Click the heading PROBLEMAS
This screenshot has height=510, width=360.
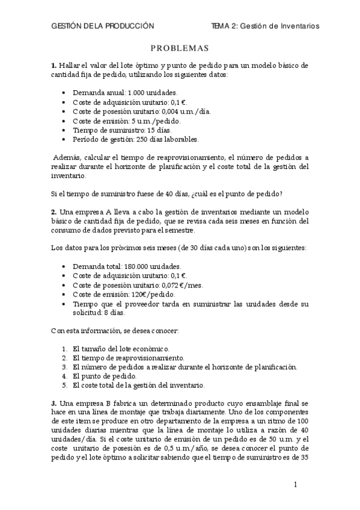(179, 49)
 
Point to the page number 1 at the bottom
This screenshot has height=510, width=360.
(296, 484)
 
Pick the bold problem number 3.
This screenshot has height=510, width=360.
(53, 402)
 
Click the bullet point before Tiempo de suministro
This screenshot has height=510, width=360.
(64, 130)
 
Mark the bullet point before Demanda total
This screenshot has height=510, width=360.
(64, 266)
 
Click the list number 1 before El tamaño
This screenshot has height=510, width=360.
(65, 348)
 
